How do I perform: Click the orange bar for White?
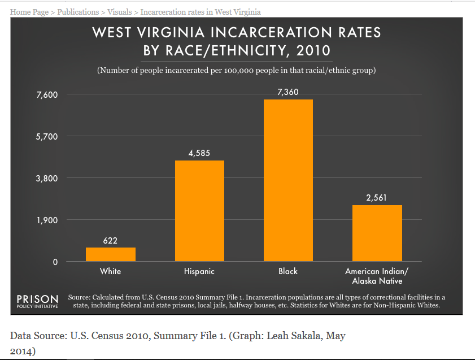point(110,254)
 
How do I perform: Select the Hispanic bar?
point(199,211)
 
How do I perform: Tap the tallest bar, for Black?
point(288,180)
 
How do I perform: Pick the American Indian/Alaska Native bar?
point(377,233)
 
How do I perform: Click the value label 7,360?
point(288,92)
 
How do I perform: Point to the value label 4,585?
point(199,153)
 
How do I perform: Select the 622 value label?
point(110,241)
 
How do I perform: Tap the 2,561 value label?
point(377,198)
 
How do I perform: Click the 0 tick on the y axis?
point(55,262)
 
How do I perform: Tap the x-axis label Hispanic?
point(199,271)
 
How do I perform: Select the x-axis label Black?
point(288,271)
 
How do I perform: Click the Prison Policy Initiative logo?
point(37,301)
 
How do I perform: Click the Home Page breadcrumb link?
point(29,12)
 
